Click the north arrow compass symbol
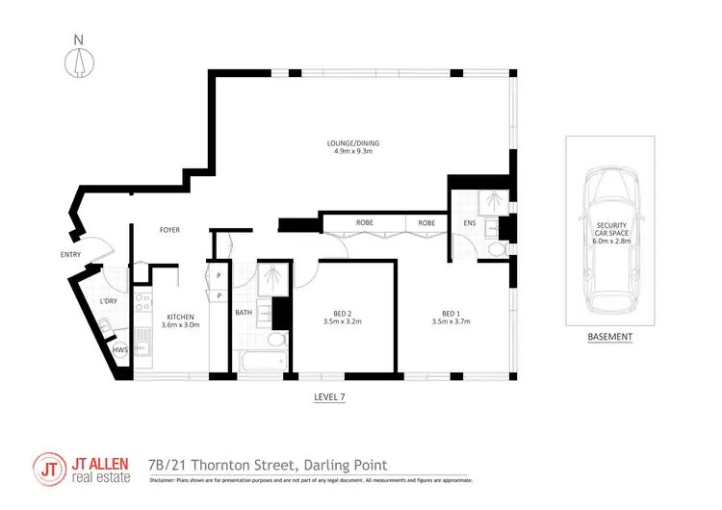(x=79, y=60)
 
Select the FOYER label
(x=170, y=230)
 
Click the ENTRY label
(x=70, y=255)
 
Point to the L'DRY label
(x=108, y=303)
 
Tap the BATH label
(x=245, y=312)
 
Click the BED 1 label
(x=451, y=313)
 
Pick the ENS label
(x=470, y=223)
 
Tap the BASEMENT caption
(x=610, y=337)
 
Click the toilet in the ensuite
(x=497, y=249)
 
